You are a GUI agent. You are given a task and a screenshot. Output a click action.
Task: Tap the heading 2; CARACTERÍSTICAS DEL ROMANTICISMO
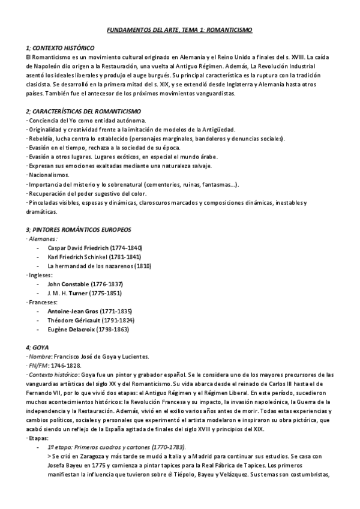point(83,112)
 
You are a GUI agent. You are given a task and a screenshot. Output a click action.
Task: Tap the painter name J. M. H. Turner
point(68,293)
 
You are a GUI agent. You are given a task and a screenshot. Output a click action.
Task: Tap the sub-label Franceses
point(43,303)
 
